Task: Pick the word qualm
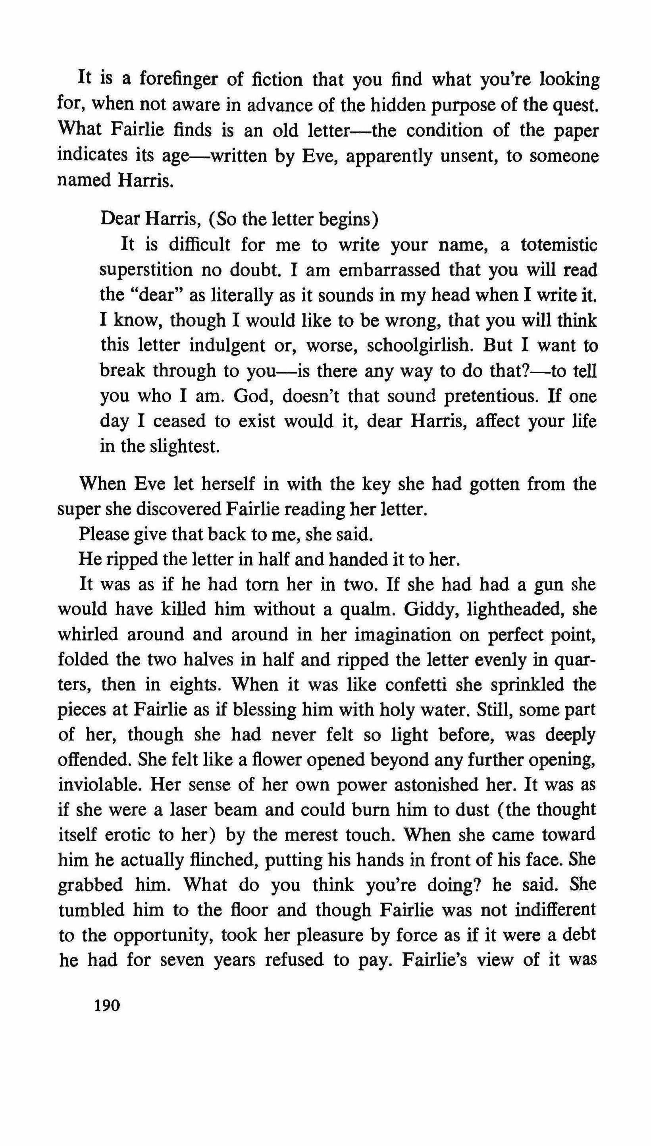coord(365,609)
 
